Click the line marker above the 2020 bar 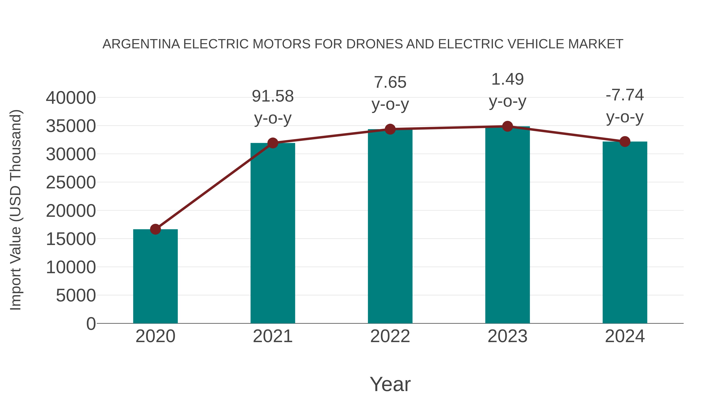pos(155,229)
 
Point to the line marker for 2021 pos(272,143)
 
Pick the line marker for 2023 pos(507,126)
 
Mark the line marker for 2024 pos(625,142)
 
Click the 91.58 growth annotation pos(272,96)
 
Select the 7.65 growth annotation pos(390,82)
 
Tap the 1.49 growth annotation pos(507,79)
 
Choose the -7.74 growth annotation pos(625,95)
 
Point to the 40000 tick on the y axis pos(71,98)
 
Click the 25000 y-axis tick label pos(71,183)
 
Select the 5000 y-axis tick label pos(76,295)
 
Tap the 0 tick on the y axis pos(91,324)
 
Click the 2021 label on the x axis pos(272,336)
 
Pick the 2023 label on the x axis pos(507,336)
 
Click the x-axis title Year pos(390,384)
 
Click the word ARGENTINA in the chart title pos(141,44)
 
